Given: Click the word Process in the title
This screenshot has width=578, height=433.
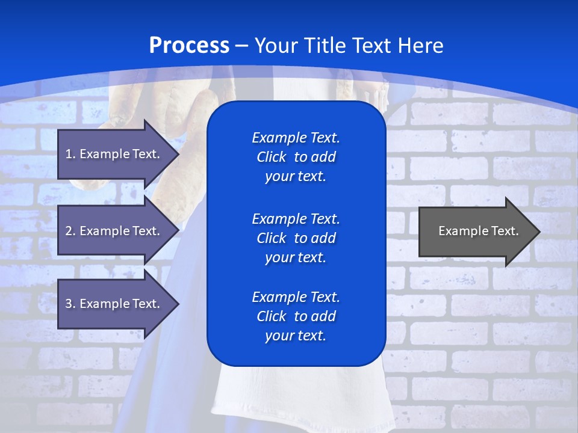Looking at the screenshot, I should pos(189,46).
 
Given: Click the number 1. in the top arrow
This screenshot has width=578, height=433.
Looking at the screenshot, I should pos(70,154).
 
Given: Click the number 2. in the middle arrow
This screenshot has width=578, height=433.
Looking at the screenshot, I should pos(70,231).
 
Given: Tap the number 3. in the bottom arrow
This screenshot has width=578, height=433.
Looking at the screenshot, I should pos(70,304).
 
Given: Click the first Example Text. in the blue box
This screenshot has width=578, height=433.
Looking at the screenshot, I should pos(296,138).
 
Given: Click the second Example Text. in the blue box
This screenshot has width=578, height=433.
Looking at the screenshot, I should pos(296,218).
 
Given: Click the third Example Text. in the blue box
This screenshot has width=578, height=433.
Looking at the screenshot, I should pos(296,297).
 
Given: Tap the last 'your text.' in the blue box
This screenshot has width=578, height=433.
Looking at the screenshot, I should pos(296,336).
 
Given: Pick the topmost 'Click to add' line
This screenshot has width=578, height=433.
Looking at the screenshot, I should pos(296,157).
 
